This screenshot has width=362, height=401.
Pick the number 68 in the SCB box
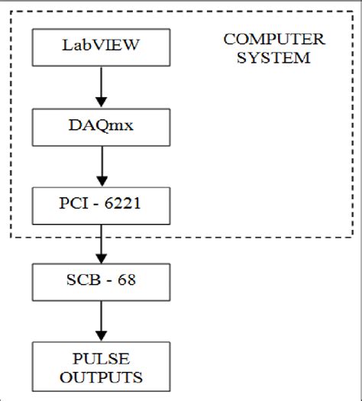[x=127, y=283]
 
